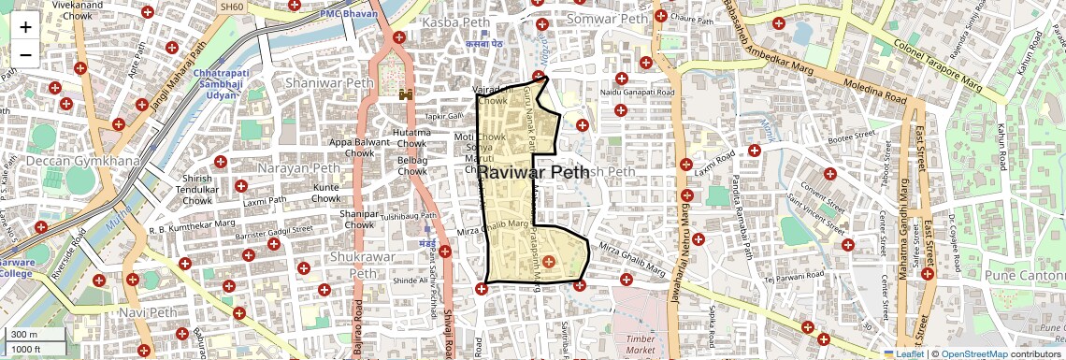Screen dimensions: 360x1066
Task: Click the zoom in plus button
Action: click(25, 26)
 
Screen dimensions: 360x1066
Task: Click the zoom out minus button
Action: click(25, 54)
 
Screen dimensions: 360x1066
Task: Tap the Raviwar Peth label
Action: click(533, 172)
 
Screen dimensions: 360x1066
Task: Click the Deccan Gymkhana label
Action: click(69, 162)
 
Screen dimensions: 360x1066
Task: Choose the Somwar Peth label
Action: click(607, 19)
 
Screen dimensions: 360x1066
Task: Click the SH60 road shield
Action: click(230, 7)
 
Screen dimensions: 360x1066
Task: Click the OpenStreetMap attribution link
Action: click(974, 353)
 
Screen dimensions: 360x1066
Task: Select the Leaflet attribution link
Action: click(904, 353)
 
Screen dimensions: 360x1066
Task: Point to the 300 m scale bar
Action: click(34, 335)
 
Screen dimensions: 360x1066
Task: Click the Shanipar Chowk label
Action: click(359, 218)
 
